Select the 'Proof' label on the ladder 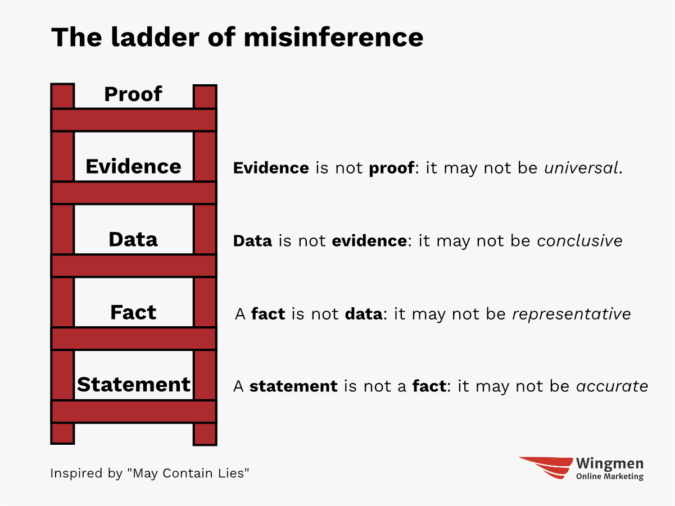click(x=133, y=94)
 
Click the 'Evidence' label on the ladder click(x=133, y=167)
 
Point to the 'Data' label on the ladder click(x=133, y=240)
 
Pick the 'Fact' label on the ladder click(x=133, y=312)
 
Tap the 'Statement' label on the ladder click(x=133, y=385)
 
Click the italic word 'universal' click(x=581, y=168)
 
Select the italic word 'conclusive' click(x=579, y=241)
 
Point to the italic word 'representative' click(x=571, y=314)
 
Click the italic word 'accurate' click(x=612, y=387)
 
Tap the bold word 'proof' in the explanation click(x=391, y=168)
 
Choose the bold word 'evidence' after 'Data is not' click(x=369, y=241)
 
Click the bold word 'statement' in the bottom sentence click(x=293, y=387)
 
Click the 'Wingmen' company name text click(x=610, y=464)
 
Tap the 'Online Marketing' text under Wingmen click(x=610, y=477)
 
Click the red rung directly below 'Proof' click(x=133, y=120)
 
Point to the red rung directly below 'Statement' click(x=133, y=411)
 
